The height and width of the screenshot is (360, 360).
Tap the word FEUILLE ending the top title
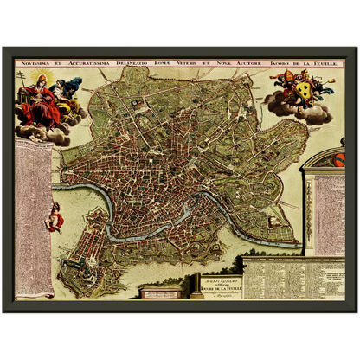[x=334, y=63]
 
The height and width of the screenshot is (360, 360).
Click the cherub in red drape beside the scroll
[x=55, y=216]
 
